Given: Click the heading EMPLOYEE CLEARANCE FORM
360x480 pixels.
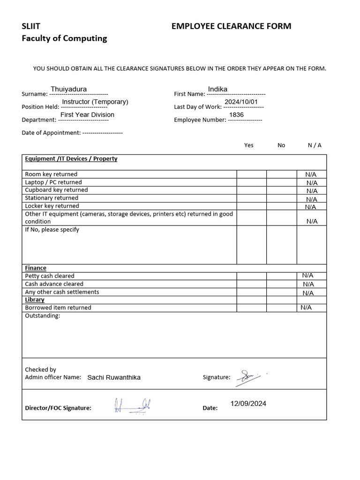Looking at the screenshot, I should (x=231, y=26).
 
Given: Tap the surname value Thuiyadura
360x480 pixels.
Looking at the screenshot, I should (x=68, y=89).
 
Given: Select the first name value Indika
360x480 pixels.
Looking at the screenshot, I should (x=217, y=89).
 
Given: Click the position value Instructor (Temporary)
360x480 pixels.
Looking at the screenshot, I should (x=95, y=102).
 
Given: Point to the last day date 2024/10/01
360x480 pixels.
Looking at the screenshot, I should (x=241, y=102).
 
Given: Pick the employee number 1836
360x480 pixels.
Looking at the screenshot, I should (x=236, y=114).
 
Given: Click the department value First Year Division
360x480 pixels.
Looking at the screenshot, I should (x=87, y=114).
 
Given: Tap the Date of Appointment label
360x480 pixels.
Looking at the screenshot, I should (x=51, y=133).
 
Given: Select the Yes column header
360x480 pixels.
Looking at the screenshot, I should (x=249, y=145).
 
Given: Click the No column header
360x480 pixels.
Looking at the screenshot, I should (x=281, y=145).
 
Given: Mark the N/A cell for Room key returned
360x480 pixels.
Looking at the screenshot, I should (x=311, y=174).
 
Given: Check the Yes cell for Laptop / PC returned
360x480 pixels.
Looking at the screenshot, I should (x=251, y=182).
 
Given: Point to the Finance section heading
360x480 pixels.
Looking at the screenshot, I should (x=36, y=268).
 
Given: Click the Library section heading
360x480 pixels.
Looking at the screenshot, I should (x=35, y=300).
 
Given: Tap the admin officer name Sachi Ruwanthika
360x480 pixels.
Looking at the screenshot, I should (x=114, y=377).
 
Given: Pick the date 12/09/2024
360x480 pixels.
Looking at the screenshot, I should (x=248, y=404).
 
